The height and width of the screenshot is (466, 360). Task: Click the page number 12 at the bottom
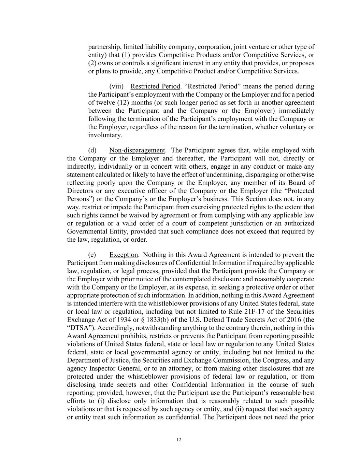[x=179, y=440]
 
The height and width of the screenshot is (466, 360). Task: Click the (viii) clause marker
[x=116, y=86]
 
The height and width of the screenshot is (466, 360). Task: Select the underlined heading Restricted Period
[x=155, y=86]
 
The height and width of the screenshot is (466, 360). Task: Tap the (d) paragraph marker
[x=92, y=150]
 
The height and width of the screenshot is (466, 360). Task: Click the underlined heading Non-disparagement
[x=137, y=150]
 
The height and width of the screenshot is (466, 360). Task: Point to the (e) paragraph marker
[x=92, y=255]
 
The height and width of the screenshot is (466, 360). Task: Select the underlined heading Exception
[x=124, y=255]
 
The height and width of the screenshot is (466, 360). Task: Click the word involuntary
[x=104, y=135]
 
